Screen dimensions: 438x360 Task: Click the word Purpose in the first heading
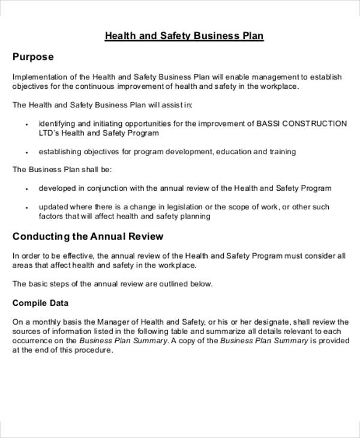tap(33, 57)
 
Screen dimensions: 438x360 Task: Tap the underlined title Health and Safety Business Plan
tap(184, 36)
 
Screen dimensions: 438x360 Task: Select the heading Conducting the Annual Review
tap(88, 236)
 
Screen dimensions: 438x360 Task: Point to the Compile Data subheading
tap(40, 303)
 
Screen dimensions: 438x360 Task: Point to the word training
tap(281, 152)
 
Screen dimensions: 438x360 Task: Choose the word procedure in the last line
tap(93, 350)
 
